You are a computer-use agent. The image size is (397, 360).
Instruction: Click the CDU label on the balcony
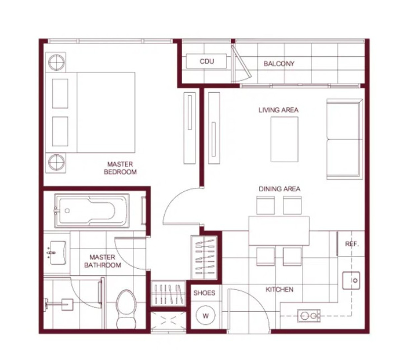[x=207, y=61]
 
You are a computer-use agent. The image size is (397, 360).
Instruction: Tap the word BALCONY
[x=279, y=64]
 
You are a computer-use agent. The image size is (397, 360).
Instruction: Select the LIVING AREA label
[x=279, y=110]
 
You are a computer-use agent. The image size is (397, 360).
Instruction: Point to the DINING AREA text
[x=280, y=189]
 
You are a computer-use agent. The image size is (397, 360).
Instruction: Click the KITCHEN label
[x=280, y=289]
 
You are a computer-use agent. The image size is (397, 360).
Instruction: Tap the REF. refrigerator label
[x=352, y=244]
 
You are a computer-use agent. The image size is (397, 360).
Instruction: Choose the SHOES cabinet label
[x=204, y=293]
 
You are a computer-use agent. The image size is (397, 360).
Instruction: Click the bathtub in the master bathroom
[x=92, y=211]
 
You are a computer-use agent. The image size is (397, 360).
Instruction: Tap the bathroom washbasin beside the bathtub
[x=58, y=253]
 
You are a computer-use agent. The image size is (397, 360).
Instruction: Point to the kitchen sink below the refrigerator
[x=351, y=281]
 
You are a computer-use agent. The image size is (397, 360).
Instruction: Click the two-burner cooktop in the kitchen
[x=309, y=316]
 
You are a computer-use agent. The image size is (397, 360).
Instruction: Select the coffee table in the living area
[x=285, y=139]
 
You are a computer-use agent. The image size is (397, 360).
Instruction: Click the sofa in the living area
[x=344, y=139]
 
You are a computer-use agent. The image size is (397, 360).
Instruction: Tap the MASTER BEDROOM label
[x=120, y=168]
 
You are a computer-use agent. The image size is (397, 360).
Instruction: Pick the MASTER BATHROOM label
[x=103, y=261]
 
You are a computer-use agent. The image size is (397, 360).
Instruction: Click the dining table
[x=279, y=231]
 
